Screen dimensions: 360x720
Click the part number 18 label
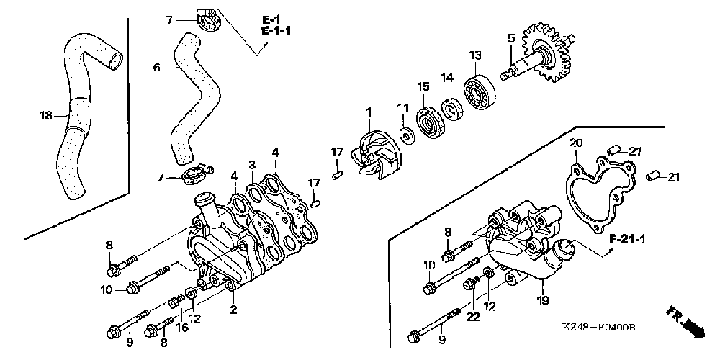tap(46, 114)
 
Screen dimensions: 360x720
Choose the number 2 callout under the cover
tap(233, 310)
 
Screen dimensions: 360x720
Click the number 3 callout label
tap(252, 166)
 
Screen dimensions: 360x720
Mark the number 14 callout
tap(447, 77)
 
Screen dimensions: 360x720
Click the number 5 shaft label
tap(510, 37)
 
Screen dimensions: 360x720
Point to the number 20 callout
tap(575, 143)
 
